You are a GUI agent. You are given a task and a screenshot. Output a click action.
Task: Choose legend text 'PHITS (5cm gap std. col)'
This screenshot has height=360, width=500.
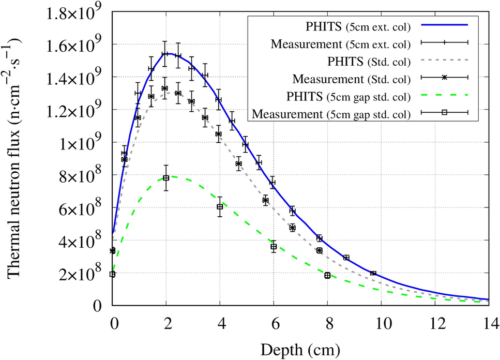pyautogui.click(x=352, y=97)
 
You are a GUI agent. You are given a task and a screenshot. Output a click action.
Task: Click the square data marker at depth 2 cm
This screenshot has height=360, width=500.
pyautogui.click(x=166, y=178)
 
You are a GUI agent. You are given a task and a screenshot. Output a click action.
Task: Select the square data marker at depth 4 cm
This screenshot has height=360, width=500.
pyautogui.click(x=220, y=207)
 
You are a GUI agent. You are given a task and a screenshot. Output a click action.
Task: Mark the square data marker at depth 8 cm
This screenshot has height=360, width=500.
pyautogui.click(x=327, y=275)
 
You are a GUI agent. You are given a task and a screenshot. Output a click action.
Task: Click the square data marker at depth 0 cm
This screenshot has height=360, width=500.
pyautogui.click(x=112, y=274)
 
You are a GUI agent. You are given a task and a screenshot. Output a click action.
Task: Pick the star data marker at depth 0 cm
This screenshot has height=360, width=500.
pyautogui.click(x=112, y=251)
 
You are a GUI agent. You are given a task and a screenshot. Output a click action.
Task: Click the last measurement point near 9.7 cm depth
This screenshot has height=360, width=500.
pyautogui.click(x=373, y=273)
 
